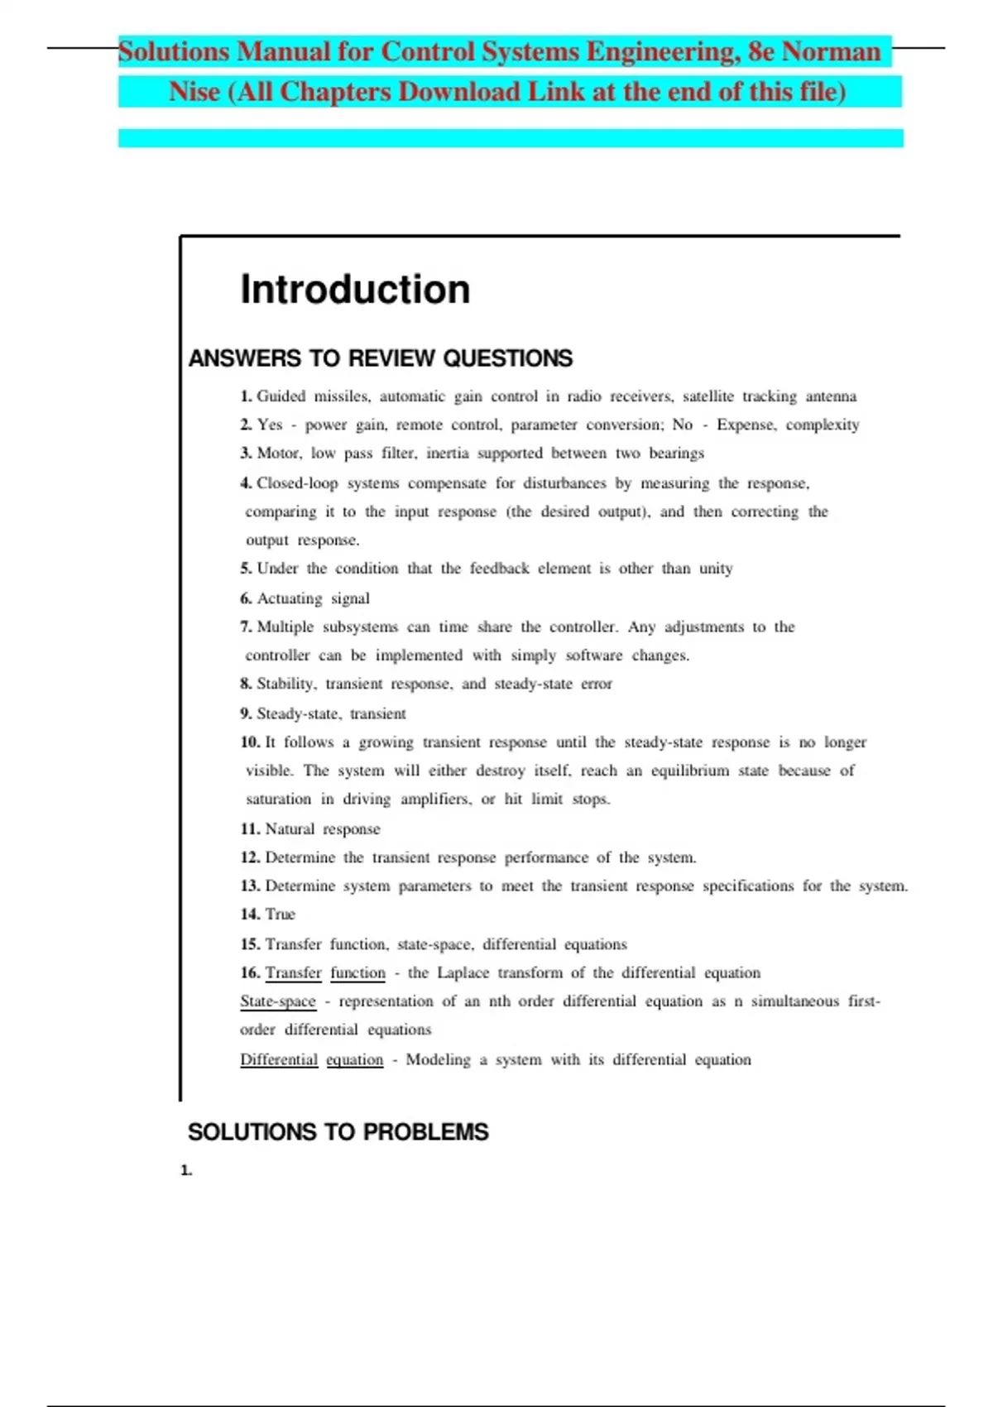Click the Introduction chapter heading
click(x=355, y=290)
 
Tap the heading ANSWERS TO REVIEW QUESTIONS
click(x=380, y=358)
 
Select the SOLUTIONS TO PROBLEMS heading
click(x=338, y=1131)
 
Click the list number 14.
click(x=250, y=915)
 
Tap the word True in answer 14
click(x=280, y=915)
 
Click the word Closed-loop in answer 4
click(x=297, y=483)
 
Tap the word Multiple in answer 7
click(x=285, y=627)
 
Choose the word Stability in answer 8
click(x=286, y=684)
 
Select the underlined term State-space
click(x=278, y=1001)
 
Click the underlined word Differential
click(x=279, y=1060)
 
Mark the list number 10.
click(x=250, y=742)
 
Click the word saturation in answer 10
click(x=278, y=800)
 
